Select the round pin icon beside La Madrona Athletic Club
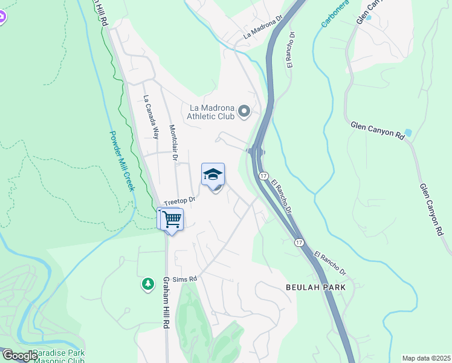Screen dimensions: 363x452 [x=244, y=111]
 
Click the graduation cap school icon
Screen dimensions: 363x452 [x=212, y=175]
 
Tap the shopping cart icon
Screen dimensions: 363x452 [x=172, y=218]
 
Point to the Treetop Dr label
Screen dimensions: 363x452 [x=180, y=200]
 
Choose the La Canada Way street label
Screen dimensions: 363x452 [x=151, y=117]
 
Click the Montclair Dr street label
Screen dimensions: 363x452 [x=173, y=143]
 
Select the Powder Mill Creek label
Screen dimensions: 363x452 [x=121, y=161]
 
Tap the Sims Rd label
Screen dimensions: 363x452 [x=185, y=279]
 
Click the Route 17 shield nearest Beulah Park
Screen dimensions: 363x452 [x=299, y=242]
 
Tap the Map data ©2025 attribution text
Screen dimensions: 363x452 [x=425, y=358]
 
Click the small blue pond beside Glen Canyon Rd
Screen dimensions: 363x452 [x=408, y=132]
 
